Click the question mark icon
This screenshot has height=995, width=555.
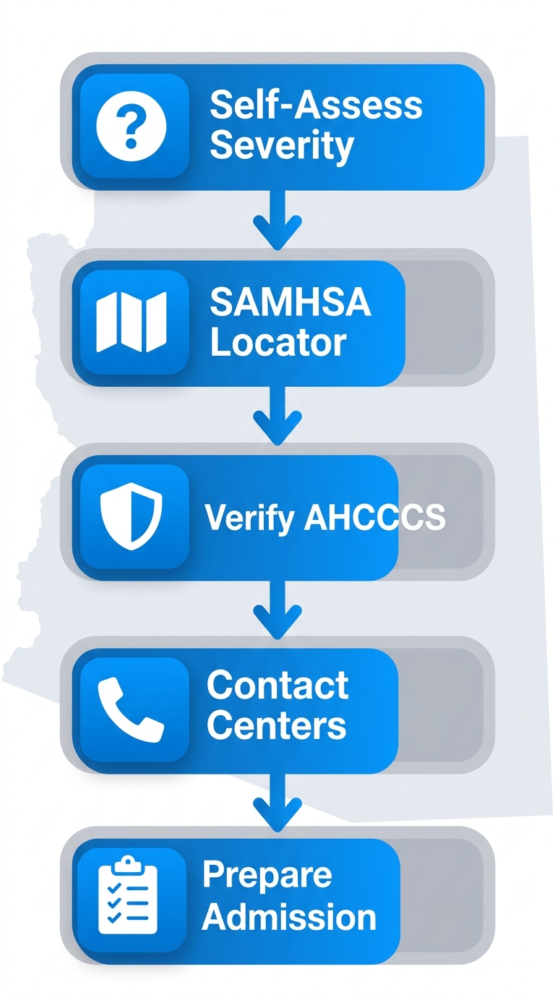(132, 127)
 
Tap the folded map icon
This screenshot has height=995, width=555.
(132, 321)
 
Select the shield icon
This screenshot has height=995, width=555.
(132, 516)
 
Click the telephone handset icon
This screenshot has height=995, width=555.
(131, 709)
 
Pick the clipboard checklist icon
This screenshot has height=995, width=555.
(128, 896)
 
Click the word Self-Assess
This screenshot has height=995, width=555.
(316, 106)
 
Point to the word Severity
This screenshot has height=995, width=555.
(282, 146)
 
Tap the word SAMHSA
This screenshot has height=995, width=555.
(291, 302)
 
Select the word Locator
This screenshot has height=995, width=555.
(278, 342)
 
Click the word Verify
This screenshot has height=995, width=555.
(249, 518)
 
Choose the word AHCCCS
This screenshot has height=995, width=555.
(375, 518)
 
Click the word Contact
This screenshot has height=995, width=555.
(277, 685)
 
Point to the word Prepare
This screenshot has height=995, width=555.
(267, 875)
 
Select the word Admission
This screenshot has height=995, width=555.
(289, 916)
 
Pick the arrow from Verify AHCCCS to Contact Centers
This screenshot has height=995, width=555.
(277, 609)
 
